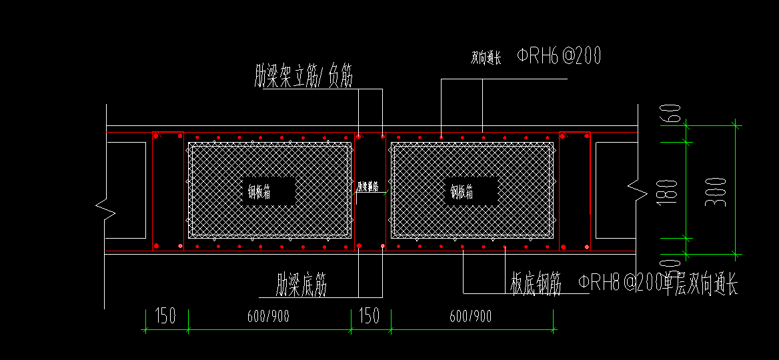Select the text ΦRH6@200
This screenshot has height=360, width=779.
559,57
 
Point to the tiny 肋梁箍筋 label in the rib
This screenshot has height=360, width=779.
367,187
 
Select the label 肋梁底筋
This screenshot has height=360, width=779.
301,285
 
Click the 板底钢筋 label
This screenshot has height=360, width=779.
536,284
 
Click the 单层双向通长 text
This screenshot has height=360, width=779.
700,285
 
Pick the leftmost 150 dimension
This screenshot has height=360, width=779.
165,315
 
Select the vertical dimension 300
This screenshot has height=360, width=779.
716,191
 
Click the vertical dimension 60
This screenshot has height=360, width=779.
672,114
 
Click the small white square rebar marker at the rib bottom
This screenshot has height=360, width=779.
382,247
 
